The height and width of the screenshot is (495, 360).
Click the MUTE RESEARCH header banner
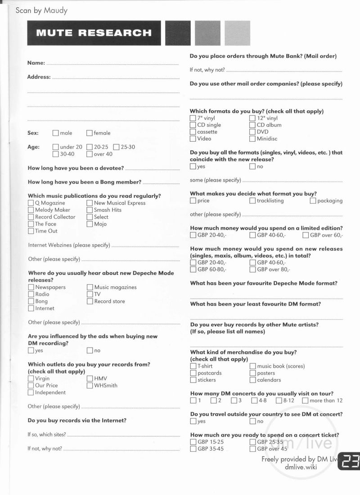pos(94,33)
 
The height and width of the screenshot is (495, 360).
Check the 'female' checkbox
pos(90,133)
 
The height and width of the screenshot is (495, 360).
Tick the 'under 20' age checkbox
pos(55,147)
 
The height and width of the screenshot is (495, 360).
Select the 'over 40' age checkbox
pos(90,154)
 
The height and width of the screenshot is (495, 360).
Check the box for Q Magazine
pos(31,203)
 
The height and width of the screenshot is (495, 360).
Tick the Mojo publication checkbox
pos(90,224)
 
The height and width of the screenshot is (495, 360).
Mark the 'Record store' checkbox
pos(90,301)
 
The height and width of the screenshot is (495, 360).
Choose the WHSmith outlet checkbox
pos(90,385)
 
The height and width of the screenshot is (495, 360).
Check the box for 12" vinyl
pos(252,118)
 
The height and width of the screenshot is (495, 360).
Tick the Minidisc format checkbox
pos(252,139)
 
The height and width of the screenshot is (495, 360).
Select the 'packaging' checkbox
pos(313,201)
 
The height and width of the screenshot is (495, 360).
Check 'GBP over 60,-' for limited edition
pos(306,235)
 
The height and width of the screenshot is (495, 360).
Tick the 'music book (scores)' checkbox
pos(253,366)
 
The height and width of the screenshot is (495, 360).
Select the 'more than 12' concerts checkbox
pos(305,401)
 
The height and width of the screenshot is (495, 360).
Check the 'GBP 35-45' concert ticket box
pos(193,449)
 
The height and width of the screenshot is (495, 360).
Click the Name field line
pos(112,64)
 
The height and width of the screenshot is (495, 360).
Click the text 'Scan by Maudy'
pos(41,10)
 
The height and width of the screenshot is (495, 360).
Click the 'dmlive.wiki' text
pos(301,467)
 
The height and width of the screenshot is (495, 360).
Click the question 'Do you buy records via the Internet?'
pos(77,420)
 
